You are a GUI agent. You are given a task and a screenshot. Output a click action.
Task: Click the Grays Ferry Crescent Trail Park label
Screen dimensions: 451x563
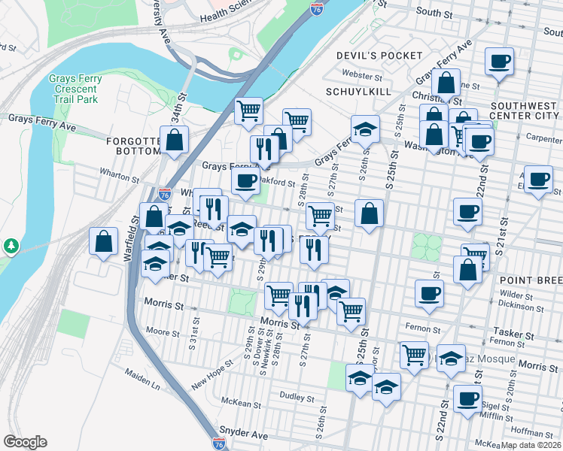coord(74,88)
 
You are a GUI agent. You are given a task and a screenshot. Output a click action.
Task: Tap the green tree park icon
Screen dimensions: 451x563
coord(11,246)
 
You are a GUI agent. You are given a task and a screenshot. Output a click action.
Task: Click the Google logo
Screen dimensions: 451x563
coord(25,442)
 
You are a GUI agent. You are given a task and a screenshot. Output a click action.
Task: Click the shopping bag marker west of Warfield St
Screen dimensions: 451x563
coord(104,242)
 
